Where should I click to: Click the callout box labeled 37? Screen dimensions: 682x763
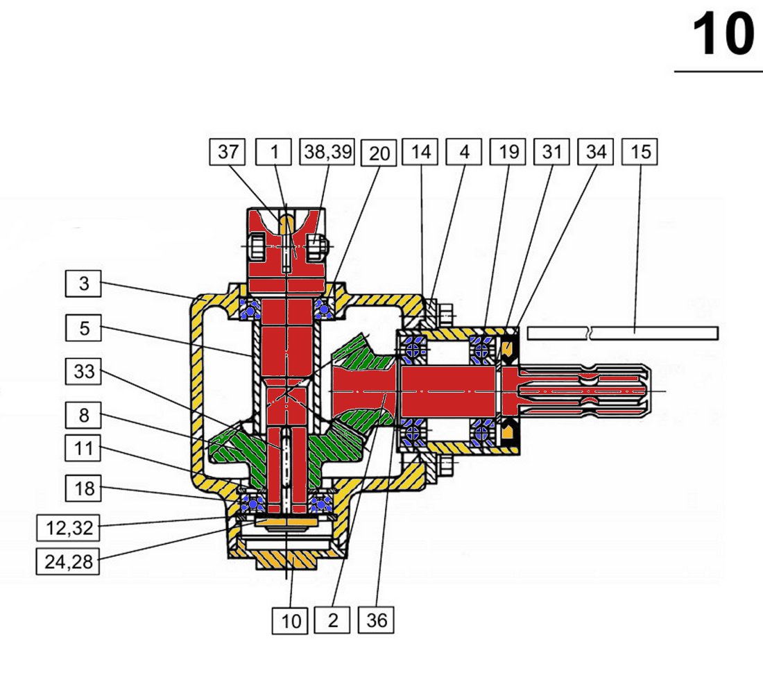[x=228, y=152]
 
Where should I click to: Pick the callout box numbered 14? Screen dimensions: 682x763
[x=420, y=152]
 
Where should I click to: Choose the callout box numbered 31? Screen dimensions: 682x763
[x=551, y=152]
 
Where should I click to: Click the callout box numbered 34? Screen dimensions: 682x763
[x=596, y=152]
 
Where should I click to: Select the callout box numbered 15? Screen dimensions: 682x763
[x=641, y=152]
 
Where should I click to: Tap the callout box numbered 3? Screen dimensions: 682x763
[x=84, y=284]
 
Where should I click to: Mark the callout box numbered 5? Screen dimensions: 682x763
[x=84, y=327]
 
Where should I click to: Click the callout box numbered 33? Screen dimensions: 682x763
[x=84, y=373]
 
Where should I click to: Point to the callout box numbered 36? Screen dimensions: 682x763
[x=377, y=620]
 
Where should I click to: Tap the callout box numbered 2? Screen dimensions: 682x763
[x=333, y=620]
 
